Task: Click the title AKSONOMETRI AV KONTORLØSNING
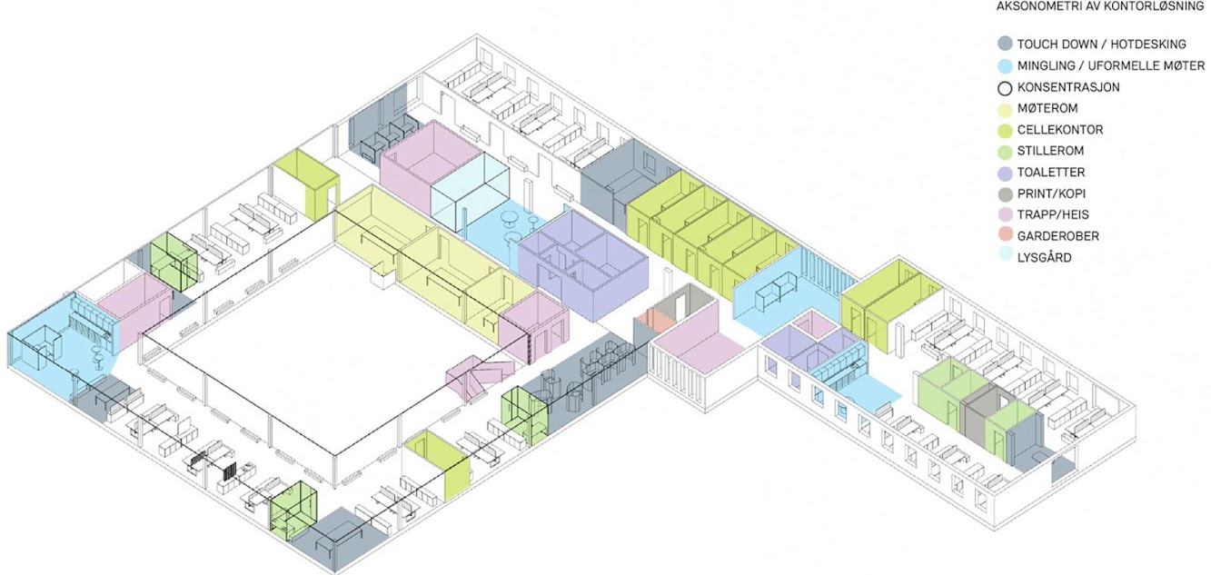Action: point(1100,6)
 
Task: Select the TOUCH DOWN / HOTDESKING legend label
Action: point(1101,45)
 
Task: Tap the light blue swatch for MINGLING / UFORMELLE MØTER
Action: point(1005,66)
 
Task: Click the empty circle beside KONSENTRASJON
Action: point(1005,88)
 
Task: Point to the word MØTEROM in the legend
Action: point(1047,109)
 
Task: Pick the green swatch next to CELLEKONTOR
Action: point(1005,130)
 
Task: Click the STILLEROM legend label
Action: point(1050,151)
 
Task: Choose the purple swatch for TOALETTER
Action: point(1005,173)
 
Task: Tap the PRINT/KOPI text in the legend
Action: point(1051,193)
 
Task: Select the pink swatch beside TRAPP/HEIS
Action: point(1005,215)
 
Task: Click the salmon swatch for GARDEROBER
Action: point(1005,235)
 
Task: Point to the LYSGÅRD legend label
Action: point(1044,258)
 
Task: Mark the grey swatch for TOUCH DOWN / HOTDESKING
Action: point(1005,44)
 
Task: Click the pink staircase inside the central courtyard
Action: point(479,376)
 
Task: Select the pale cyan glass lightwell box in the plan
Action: point(470,190)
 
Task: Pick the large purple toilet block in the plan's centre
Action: point(583,264)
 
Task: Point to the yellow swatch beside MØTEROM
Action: point(1005,110)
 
